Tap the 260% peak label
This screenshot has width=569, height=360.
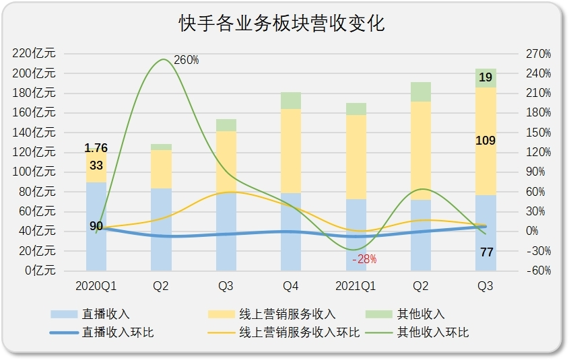tap(186, 60)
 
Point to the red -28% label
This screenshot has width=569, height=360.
tap(364, 259)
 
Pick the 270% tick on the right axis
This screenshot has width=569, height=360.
tap(539, 53)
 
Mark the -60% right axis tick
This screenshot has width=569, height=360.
tap(539, 271)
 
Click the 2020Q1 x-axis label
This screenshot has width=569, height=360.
tap(96, 287)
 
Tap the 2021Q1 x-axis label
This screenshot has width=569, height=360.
tap(356, 287)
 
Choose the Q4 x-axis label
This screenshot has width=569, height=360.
tap(291, 287)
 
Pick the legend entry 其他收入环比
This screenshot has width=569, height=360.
tap(433, 332)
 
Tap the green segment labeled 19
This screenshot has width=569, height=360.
tap(486, 78)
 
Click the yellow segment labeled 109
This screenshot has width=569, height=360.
tap(486, 141)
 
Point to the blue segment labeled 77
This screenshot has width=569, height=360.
tap(486, 252)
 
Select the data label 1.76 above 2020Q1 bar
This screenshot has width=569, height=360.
tap(96, 148)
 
